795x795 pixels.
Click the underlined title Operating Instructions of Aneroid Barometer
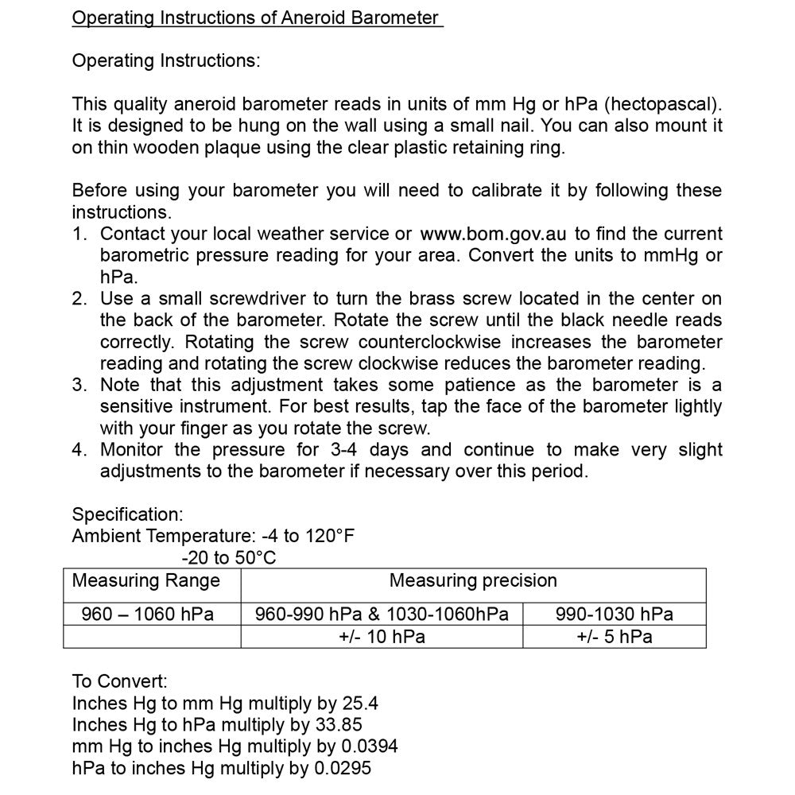pos(256,17)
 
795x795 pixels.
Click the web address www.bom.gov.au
pos(494,234)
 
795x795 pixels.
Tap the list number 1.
pos(78,234)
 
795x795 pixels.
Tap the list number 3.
pos(79,385)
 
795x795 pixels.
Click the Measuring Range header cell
pos(145,581)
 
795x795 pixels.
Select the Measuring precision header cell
pos(473,581)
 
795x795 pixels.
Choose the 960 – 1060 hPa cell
pos(148,615)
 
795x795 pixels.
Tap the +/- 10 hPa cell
pos(382,637)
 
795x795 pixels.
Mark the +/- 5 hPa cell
pos(614,637)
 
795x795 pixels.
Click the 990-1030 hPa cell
pos(614,615)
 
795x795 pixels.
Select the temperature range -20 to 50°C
pos(229,558)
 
